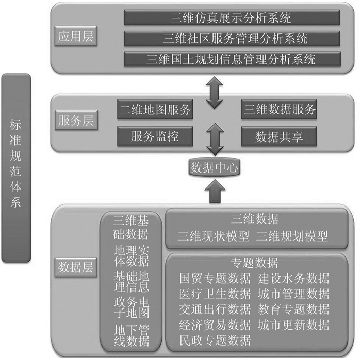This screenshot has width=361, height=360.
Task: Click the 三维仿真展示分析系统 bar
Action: coord(231,18)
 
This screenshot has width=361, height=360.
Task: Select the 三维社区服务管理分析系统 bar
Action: coord(231,38)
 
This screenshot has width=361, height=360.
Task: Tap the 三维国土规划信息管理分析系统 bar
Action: coord(231,58)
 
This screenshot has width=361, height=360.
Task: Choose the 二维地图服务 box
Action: coord(155,109)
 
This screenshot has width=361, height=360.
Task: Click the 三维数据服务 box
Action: coord(279,109)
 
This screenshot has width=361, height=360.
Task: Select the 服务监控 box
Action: coord(155,136)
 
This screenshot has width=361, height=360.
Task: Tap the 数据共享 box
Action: coord(279,136)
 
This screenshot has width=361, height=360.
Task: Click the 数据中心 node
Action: coord(214,167)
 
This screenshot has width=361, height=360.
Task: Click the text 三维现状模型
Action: coord(213,236)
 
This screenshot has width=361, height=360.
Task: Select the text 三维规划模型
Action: coord(292,236)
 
